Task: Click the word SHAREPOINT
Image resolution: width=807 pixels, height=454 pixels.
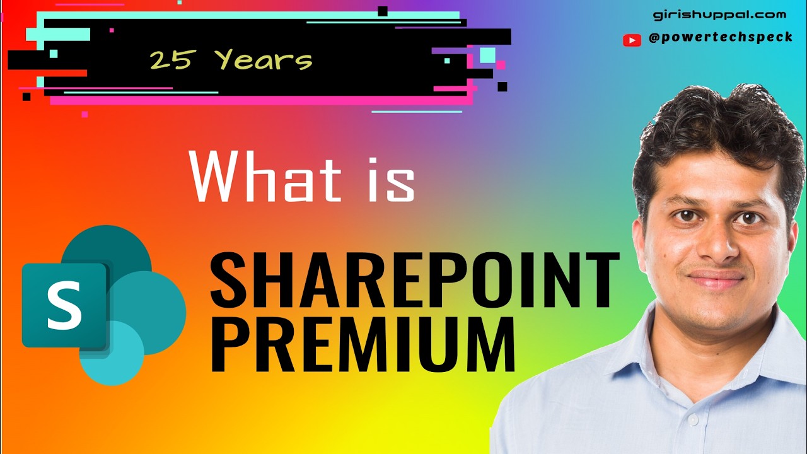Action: [x=415, y=279]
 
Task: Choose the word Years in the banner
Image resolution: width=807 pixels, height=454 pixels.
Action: [x=264, y=61]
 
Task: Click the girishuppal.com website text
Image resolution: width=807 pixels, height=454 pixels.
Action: [x=719, y=15]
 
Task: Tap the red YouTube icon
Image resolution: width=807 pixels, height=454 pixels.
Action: [x=631, y=40]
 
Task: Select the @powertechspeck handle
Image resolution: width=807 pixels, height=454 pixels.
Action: [x=721, y=38]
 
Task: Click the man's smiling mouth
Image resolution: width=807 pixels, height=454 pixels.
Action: [x=717, y=278]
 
